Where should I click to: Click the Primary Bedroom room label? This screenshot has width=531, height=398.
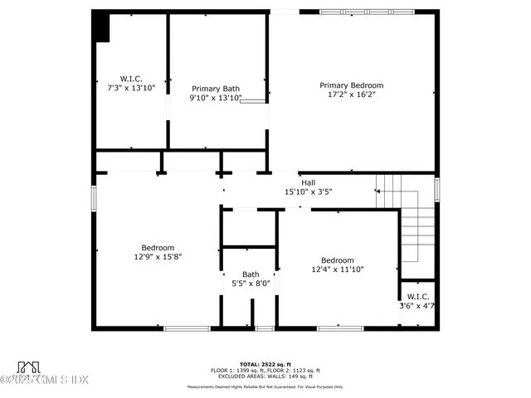(352, 85)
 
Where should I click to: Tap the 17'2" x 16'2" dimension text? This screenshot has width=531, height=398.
(352, 95)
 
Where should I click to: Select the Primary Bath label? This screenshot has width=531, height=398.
(216, 89)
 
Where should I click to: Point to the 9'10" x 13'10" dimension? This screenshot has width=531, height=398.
(216, 98)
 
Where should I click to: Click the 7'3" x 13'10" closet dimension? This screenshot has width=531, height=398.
(131, 87)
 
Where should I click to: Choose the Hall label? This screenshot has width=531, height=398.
(308, 183)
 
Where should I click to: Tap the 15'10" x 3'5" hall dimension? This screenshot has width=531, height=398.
(308, 192)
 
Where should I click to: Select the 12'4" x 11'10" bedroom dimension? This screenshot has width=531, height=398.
(338, 269)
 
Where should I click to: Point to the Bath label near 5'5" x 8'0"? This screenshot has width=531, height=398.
(251, 274)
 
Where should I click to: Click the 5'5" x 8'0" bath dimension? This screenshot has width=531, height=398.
(251, 284)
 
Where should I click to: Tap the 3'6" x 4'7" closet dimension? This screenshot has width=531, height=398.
(417, 306)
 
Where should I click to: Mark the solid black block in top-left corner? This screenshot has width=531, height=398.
(100, 27)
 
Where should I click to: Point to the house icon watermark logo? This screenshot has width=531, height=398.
(30, 366)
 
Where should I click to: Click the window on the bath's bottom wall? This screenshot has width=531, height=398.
(264, 328)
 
